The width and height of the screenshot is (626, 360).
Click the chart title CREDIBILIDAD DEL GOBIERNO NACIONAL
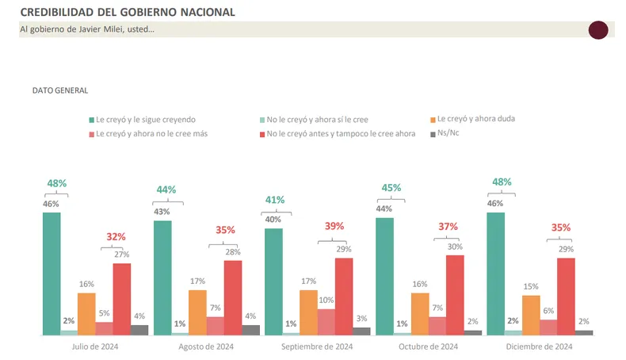[x=127, y=13]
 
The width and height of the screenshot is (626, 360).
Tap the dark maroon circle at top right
[x=597, y=30]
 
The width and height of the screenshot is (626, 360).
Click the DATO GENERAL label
[x=60, y=90]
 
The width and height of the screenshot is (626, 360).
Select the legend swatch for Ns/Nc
[x=432, y=134]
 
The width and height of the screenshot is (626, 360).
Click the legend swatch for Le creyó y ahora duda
[x=432, y=120]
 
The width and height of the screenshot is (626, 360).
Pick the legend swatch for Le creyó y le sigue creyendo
[x=91, y=120]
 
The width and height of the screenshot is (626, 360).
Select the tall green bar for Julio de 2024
[x=52, y=274]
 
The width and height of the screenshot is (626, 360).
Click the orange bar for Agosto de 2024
[x=197, y=312]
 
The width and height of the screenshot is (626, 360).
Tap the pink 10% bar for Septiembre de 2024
[x=326, y=322]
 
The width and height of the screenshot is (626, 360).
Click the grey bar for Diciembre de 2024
[x=584, y=332]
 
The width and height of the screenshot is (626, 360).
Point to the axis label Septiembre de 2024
[x=317, y=347]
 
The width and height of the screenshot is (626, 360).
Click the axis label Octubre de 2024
[x=428, y=347]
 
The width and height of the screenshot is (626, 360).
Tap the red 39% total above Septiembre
[x=334, y=226]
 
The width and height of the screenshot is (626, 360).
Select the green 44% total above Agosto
[x=166, y=190]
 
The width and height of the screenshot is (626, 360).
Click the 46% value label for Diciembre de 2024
[x=495, y=203]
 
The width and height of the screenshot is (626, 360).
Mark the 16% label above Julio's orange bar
[x=86, y=283]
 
